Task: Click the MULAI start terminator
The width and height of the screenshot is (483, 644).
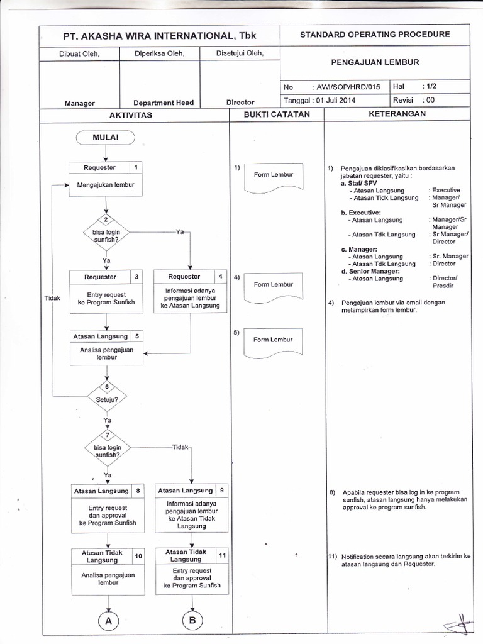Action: (106, 137)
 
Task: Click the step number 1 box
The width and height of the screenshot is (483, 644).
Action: (136, 167)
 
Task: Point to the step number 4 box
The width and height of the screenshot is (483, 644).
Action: (220, 277)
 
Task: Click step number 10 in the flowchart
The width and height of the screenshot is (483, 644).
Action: (138, 556)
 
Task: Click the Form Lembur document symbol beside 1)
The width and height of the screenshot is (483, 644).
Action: (274, 175)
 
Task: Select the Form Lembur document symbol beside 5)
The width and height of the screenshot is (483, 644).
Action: (274, 340)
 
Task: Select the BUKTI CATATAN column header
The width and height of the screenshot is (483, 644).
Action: (276, 114)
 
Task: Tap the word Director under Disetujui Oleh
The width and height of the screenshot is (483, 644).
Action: (240, 102)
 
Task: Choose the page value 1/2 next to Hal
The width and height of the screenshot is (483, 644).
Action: (431, 87)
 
